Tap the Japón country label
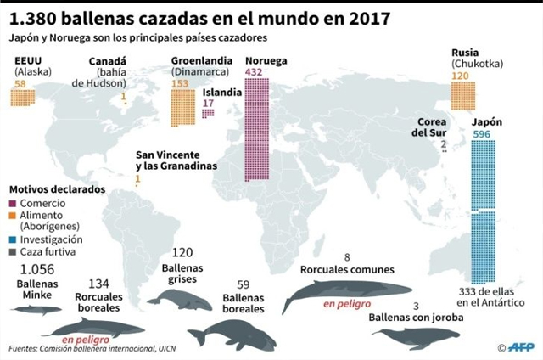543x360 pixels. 486,121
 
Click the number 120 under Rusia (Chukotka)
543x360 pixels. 461,76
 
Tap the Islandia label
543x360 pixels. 221,93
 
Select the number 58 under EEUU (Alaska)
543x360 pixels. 21,83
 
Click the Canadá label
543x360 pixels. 107,62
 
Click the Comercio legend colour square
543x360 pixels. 11,204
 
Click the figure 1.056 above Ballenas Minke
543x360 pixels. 36,269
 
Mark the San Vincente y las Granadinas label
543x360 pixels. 176,160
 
